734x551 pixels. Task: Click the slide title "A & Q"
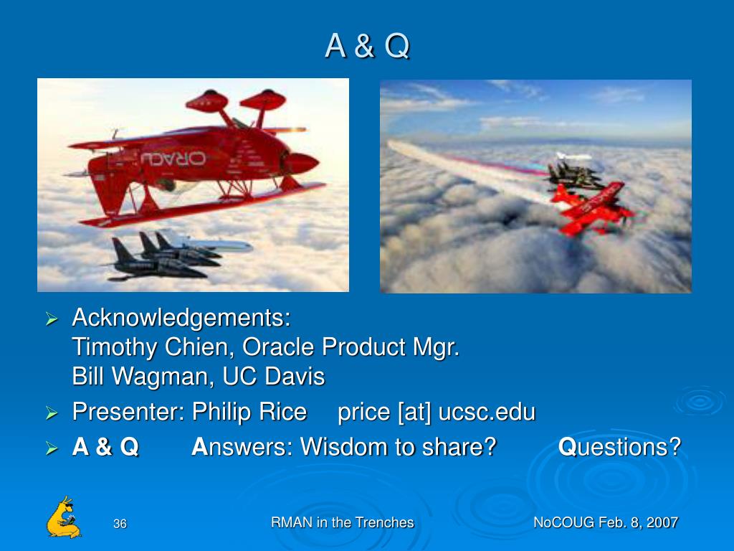pos(367,46)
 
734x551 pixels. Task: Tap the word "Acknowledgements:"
pos(181,318)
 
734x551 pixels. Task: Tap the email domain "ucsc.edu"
pos(487,412)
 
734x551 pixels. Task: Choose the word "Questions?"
pos(620,447)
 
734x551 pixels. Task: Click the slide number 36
pos(120,523)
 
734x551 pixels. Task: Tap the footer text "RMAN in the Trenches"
pos(342,522)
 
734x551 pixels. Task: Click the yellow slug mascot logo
pos(64,517)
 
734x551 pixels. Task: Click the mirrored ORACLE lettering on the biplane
pos(173,159)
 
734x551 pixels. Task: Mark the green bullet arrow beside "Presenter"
pos(52,413)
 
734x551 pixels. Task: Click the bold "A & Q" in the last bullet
pos(105,446)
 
